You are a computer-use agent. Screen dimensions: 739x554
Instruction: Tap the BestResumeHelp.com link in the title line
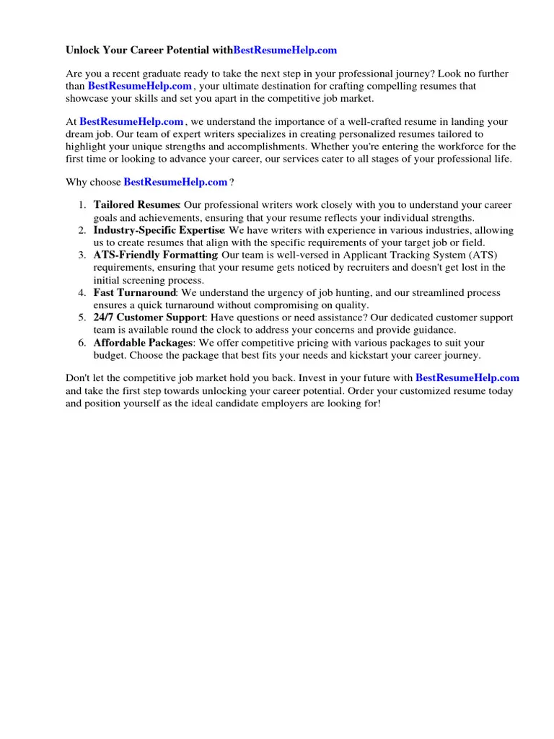[x=285, y=51]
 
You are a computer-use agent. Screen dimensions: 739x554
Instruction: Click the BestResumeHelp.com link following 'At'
[x=131, y=122]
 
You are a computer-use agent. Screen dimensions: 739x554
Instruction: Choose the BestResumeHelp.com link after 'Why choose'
[x=175, y=183]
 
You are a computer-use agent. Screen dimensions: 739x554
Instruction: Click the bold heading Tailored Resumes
[x=136, y=206]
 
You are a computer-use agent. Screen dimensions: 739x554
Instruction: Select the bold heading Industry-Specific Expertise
[x=159, y=230]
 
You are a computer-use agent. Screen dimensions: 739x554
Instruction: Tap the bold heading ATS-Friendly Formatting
[x=155, y=255]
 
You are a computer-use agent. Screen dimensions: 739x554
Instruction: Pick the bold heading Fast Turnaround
[x=135, y=293]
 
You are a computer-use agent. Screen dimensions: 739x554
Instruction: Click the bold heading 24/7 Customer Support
[x=149, y=318]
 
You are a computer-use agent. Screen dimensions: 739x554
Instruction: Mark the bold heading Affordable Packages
[x=143, y=343]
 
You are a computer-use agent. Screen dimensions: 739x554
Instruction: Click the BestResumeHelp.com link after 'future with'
[x=467, y=377]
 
